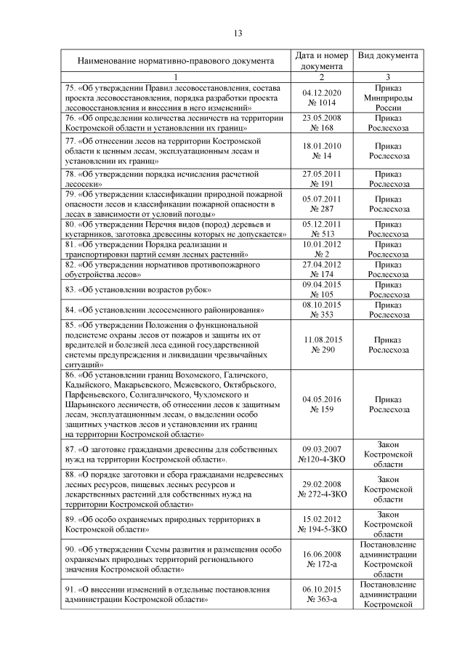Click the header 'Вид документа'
(387, 56)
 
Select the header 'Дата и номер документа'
(322, 61)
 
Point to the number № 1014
(322, 103)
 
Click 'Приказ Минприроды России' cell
(387, 97)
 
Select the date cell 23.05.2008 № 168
(322, 123)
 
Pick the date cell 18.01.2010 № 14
(322, 151)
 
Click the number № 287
(322, 209)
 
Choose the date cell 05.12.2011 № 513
(322, 230)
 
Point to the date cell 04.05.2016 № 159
(322, 404)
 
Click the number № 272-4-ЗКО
(322, 494)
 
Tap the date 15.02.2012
(322, 520)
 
